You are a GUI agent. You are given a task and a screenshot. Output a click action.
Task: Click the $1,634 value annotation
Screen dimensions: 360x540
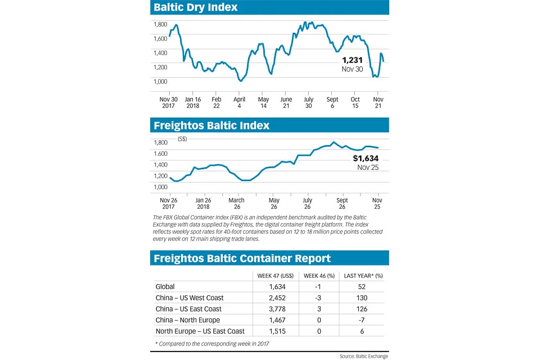[x=366, y=159]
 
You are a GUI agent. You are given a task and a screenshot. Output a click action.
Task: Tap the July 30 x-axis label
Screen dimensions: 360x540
[x=308, y=102]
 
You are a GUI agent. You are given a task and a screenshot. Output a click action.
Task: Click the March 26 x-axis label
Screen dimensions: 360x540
[x=236, y=204]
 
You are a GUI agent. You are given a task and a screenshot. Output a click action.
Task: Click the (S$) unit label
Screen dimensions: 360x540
[x=182, y=138]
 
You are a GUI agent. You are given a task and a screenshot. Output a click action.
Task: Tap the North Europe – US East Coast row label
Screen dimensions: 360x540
[x=201, y=331]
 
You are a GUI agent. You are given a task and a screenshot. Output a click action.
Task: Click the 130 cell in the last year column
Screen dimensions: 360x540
[x=362, y=298]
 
